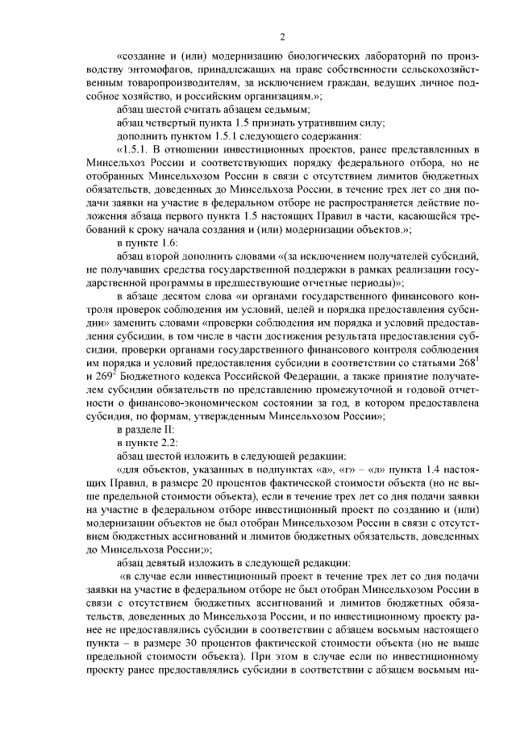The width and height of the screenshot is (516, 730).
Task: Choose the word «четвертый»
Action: click(171, 123)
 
